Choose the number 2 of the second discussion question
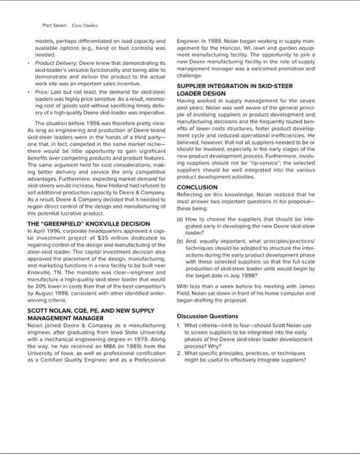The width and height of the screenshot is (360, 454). point(187,349)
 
